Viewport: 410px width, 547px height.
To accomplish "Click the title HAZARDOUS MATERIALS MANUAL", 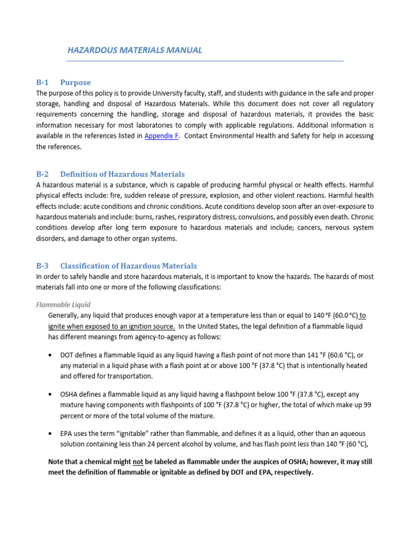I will point(135,50).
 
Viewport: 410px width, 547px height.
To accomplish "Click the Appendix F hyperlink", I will point(161,136).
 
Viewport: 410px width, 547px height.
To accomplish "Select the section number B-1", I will point(42,82).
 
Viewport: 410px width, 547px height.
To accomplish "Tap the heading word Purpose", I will point(75,82).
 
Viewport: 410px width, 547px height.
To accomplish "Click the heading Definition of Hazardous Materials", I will point(122,174).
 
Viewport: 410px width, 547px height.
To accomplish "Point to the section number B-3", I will point(42,265).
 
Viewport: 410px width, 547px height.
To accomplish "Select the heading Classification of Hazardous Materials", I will point(128,265).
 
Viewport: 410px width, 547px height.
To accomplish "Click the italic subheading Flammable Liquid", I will point(63,305).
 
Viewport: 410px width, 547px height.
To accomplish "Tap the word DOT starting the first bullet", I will point(67,355).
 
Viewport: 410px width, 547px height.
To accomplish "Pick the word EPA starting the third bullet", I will point(66,433).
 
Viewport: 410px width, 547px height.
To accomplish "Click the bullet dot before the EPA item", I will point(50,434).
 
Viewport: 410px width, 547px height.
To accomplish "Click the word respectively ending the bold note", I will point(291,472).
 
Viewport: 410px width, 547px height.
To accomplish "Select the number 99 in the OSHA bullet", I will point(367,405).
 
